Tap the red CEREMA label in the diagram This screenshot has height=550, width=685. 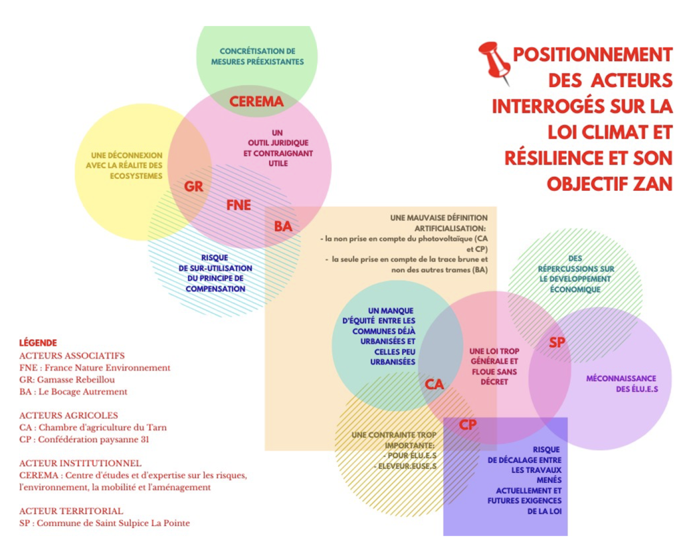click(x=257, y=102)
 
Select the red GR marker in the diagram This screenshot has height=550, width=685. click(x=193, y=187)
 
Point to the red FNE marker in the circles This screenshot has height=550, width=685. click(x=239, y=205)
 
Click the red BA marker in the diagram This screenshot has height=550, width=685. click(x=283, y=226)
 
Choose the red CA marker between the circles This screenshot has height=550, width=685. click(x=434, y=385)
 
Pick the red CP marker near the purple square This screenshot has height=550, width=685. click(x=468, y=425)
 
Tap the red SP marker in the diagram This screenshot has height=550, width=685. click(x=557, y=343)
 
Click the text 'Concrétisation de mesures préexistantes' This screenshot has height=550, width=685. click(x=258, y=56)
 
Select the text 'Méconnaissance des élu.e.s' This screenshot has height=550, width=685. click(x=621, y=385)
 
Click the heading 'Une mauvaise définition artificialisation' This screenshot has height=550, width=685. click(x=439, y=222)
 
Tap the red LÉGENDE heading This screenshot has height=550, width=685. click(x=37, y=342)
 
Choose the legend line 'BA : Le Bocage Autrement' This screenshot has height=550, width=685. click(x=73, y=391)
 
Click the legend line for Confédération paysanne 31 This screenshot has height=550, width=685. click(x=84, y=439)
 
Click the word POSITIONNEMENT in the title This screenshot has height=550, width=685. click(x=592, y=54)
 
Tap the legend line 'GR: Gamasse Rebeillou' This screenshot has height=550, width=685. click(x=68, y=379)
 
